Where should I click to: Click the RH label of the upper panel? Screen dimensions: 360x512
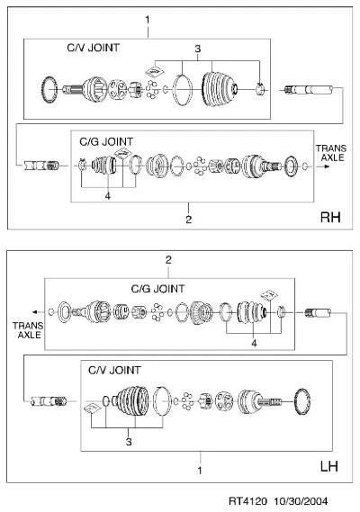click(330, 217)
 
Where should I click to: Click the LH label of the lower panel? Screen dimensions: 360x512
click(329, 466)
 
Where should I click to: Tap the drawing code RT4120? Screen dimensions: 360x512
click(247, 501)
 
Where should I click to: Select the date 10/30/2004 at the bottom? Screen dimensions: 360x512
click(301, 501)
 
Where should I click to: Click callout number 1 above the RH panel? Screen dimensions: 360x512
click(148, 20)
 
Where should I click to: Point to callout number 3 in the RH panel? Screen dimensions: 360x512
click(198, 49)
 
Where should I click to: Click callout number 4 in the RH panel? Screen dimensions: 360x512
click(108, 196)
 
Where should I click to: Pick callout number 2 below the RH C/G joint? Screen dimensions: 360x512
click(188, 220)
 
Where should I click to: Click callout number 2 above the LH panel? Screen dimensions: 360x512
click(168, 260)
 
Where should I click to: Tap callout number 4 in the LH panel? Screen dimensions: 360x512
click(254, 343)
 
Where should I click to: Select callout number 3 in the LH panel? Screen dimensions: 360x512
click(129, 442)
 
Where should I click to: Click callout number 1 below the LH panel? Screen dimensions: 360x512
click(200, 471)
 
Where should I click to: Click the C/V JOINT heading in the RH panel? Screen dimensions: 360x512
click(93, 48)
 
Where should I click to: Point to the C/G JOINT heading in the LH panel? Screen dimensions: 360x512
click(157, 289)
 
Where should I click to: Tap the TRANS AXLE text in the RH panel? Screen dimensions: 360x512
click(331, 153)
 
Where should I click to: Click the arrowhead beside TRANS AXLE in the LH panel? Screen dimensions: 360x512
click(34, 312)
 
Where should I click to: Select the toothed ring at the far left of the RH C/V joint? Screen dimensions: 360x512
click(50, 89)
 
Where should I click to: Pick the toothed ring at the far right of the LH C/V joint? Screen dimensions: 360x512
click(302, 401)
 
